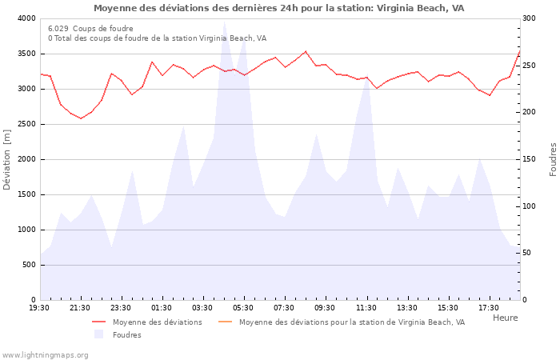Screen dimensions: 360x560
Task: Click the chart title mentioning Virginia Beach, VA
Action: (x=278, y=8)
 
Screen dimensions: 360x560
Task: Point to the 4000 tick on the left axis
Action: (x=26, y=18)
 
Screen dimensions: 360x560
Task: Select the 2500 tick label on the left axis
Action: (x=26, y=124)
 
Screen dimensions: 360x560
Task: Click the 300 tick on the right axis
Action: (x=530, y=18)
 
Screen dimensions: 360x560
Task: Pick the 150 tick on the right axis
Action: (x=530, y=159)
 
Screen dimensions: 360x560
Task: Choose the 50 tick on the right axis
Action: (x=528, y=253)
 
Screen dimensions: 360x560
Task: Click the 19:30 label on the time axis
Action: (x=40, y=308)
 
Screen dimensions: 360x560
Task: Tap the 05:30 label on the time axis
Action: (x=244, y=308)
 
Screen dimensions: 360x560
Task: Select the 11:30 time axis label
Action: (x=366, y=308)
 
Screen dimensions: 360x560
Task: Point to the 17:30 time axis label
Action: (x=489, y=308)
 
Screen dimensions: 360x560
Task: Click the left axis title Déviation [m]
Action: (x=8, y=159)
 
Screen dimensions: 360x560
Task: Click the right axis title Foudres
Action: (x=553, y=159)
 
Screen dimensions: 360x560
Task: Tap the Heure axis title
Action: (x=505, y=318)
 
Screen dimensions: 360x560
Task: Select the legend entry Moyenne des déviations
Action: (x=157, y=322)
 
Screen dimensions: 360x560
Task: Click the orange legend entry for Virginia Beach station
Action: (x=351, y=322)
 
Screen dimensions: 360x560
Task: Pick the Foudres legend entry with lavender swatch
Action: (x=126, y=335)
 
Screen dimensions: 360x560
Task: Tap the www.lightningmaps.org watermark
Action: (x=45, y=354)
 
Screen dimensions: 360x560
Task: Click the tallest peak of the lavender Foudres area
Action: (x=224, y=22)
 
